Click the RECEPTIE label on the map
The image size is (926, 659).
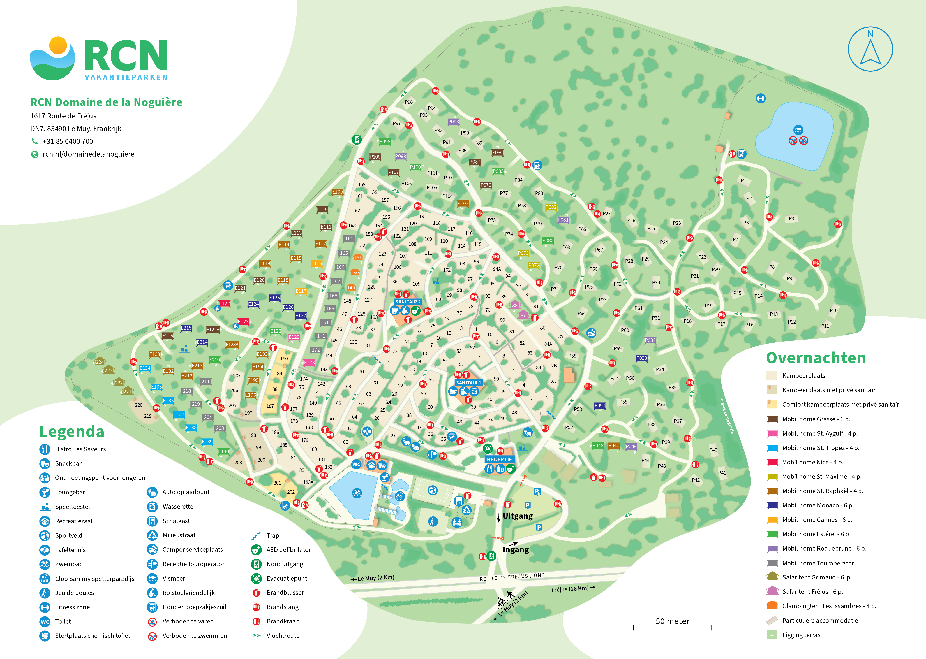point(499,459)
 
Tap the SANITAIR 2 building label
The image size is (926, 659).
point(408,302)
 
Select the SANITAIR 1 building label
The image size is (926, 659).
point(468,383)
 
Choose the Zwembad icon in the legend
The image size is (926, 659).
point(45,564)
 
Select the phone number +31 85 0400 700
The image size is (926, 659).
point(68,141)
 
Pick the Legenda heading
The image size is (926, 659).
point(72,432)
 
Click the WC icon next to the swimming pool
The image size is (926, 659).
point(356,464)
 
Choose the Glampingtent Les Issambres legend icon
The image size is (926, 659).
point(772,606)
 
